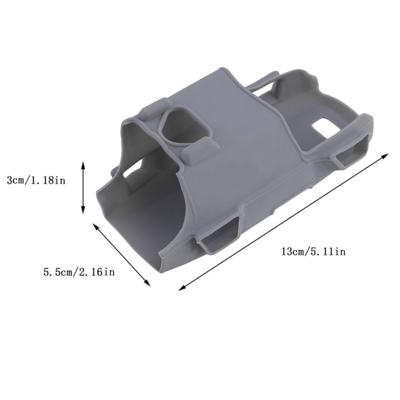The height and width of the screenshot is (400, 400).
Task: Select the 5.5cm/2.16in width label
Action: pyautogui.click(x=79, y=272)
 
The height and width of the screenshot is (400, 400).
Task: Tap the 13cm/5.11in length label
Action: pyautogui.click(x=314, y=251)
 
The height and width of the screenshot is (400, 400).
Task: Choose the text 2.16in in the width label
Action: pyautogui.click(x=97, y=272)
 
